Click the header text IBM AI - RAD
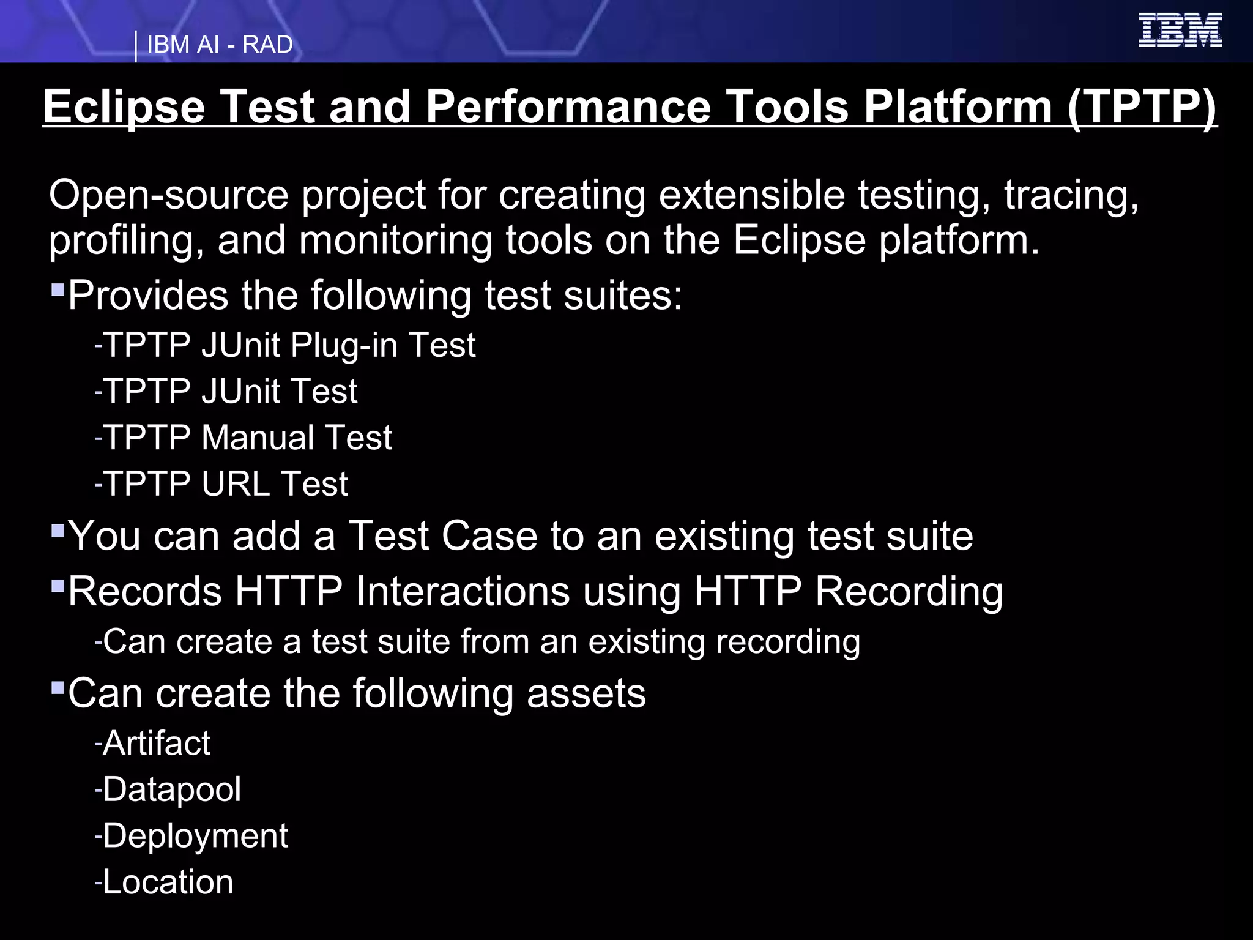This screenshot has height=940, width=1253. (220, 45)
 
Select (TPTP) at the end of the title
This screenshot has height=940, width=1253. (1141, 107)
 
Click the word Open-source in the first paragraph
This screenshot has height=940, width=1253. (168, 196)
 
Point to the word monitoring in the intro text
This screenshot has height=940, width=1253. (395, 240)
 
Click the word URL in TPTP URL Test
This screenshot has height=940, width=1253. (236, 484)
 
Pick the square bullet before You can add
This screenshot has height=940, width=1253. (58, 529)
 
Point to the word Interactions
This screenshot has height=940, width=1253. (463, 592)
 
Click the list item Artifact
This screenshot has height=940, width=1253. (156, 744)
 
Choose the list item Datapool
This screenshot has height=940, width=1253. (171, 789)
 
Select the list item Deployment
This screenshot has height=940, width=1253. (195, 836)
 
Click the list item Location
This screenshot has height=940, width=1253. (168, 882)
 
